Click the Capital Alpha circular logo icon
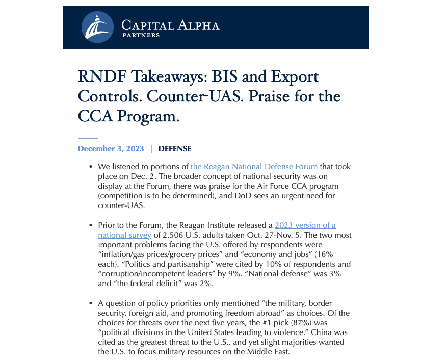[97, 27]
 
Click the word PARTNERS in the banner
[141, 35]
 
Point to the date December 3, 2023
[111, 149]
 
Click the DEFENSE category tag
[175, 149]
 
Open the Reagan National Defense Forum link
[254, 167]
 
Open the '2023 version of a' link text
[305, 225]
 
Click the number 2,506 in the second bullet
[176, 235]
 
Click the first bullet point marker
[91, 167]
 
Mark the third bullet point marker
[91, 303]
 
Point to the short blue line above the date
[88, 138]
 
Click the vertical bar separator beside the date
[151, 149]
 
